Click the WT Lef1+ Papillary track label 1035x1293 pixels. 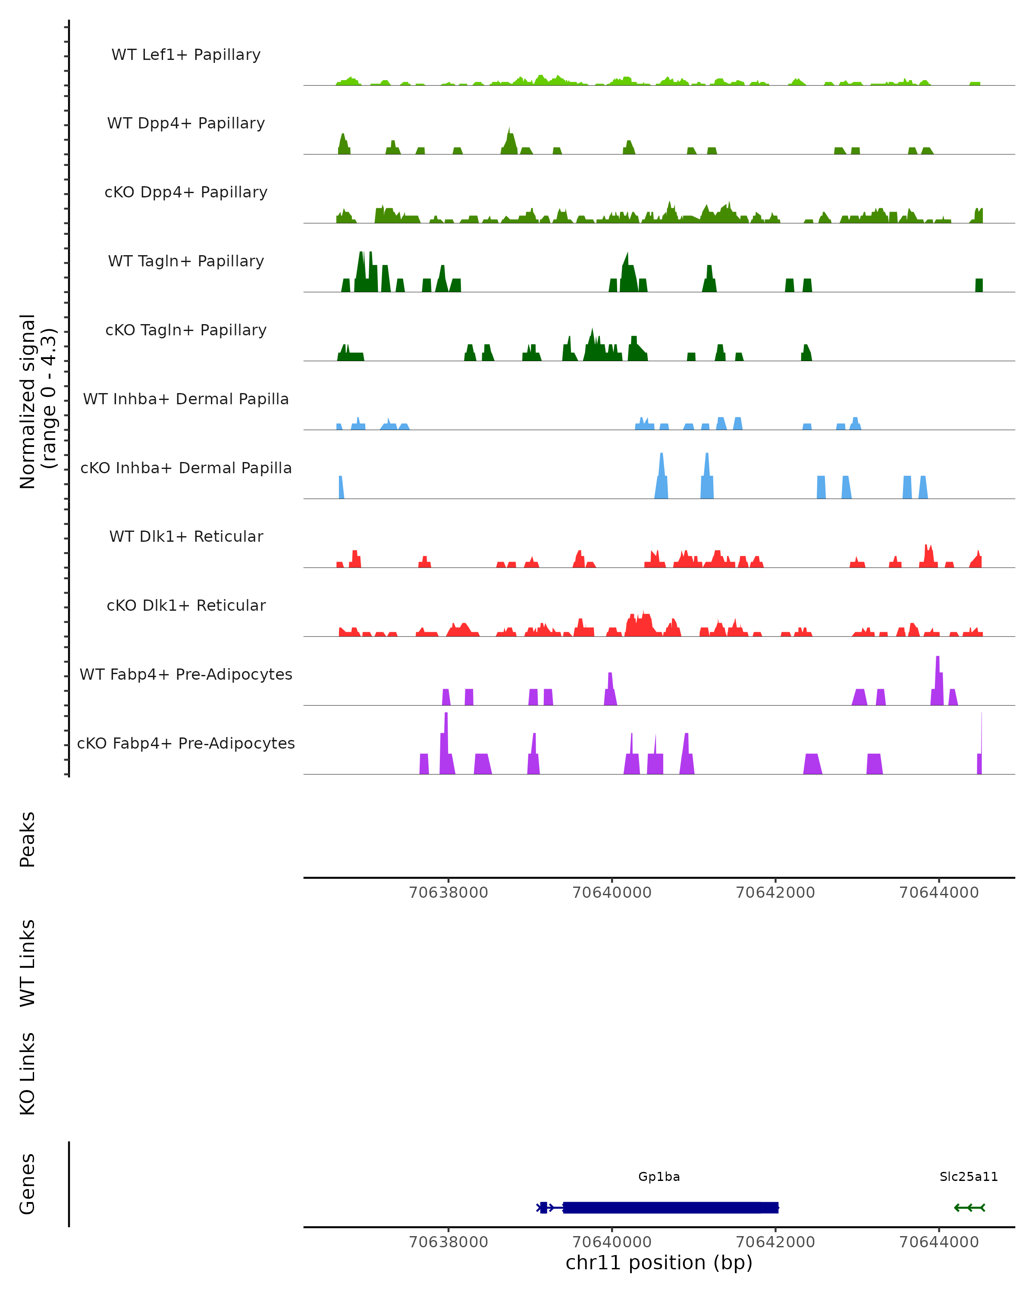click(186, 55)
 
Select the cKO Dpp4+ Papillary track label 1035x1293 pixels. click(186, 193)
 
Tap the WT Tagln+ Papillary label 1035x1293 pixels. click(186, 262)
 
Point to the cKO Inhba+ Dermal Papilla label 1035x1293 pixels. click(186, 468)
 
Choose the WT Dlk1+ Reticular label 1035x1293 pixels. click(186, 537)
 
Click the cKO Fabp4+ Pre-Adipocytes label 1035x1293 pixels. click(186, 743)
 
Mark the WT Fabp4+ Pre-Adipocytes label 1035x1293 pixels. click(186, 675)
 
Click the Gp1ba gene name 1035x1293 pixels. click(659, 1177)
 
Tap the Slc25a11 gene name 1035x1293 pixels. click(969, 1177)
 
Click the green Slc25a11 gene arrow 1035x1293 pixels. click(969, 1207)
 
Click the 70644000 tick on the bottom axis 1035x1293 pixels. click(939, 1242)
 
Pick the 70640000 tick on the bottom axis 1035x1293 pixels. click(612, 1242)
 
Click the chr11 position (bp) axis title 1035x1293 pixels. click(659, 1263)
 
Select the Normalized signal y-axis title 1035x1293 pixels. click(37, 401)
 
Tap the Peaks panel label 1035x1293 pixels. click(28, 840)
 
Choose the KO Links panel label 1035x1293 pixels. click(28, 1074)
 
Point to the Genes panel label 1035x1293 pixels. click(28, 1184)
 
